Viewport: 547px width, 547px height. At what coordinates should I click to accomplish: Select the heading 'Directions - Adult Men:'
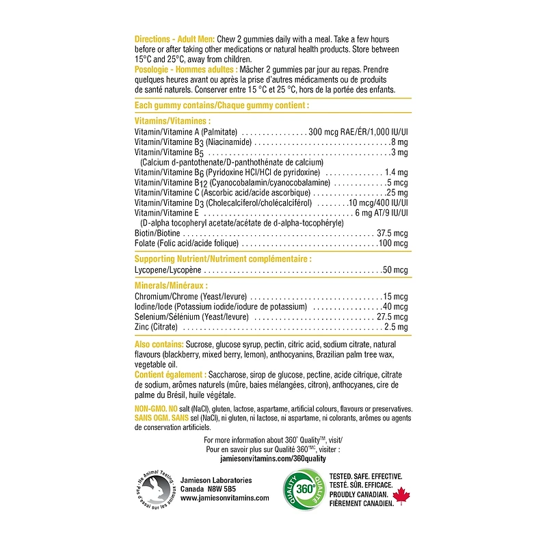pos(174,39)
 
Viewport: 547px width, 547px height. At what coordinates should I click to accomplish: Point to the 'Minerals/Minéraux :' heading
pos(171,285)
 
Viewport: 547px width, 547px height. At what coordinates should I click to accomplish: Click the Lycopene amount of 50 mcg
pos(395,271)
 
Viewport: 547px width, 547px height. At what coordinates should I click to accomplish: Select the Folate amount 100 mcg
pos(393,243)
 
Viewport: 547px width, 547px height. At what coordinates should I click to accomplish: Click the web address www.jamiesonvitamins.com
pos(215,498)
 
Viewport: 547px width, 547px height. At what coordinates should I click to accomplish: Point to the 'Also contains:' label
pos(159,344)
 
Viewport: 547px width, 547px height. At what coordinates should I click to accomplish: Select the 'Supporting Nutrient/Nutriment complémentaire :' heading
pos(223,259)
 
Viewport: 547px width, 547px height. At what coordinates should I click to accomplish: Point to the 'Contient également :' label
pos(170,375)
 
